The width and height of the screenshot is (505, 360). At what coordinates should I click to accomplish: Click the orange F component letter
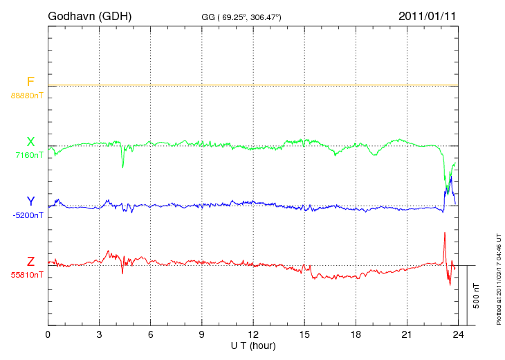coord(30,82)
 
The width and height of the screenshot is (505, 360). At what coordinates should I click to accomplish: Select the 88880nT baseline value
coord(26,95)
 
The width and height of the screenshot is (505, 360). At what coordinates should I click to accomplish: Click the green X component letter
coord(30,142)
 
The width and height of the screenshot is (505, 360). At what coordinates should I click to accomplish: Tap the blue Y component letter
coord(30,201)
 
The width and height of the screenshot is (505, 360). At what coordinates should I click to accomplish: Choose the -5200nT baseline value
coord(28,215)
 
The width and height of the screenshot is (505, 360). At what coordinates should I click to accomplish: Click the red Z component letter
coord(30,262)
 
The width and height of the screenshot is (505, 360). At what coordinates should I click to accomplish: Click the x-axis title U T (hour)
coord(253,345)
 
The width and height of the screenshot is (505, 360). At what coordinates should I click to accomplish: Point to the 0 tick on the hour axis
coord(48,334)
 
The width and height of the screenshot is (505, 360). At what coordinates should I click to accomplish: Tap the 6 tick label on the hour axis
coord(150,334)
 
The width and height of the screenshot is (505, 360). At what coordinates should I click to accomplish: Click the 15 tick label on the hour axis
coord(304,334)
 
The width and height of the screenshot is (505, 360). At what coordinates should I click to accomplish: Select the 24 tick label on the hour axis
coord(458,334)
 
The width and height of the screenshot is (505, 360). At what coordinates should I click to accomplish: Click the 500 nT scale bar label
coord(477,296)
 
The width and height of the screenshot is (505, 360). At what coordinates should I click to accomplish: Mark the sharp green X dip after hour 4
coord(123,165)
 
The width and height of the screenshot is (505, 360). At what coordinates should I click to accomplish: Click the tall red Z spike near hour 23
coord(445,233)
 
